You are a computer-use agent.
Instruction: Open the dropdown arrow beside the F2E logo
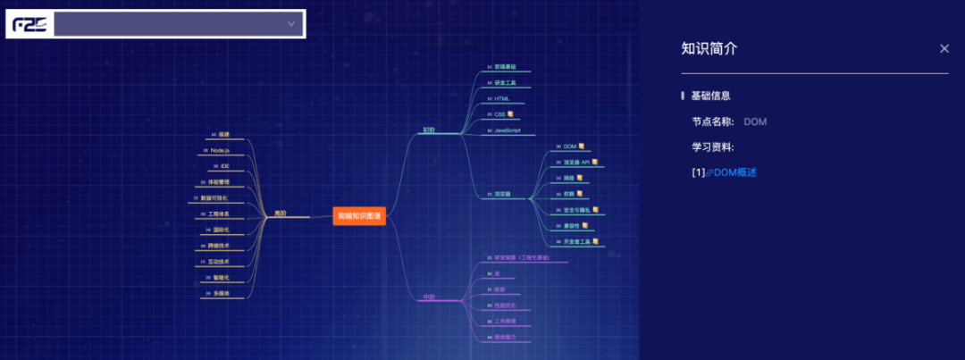click(x=291, y=24)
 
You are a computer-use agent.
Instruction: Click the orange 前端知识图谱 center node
click(x=359, y=215)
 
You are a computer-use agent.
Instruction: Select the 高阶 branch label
click(x=281, y=213)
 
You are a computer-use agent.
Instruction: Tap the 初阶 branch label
click(x=430, y=130)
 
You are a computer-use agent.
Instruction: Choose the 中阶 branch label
click(x=429, y=297)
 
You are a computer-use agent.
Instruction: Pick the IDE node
click(x=224, y=166)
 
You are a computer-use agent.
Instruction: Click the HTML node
click(x=501, y=98)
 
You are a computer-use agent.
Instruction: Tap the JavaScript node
click(x=508, y=130)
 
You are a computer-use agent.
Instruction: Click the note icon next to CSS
click(x=512, y=114)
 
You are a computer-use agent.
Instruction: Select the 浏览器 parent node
click(x=502, y=194)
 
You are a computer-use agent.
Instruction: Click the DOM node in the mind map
click(x=570, y=146)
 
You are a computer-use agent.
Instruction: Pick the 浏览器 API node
click(x=576, y=163)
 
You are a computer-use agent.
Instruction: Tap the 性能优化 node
click(x=506, y=306)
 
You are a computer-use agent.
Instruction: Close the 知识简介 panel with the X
click(x=944, y=49)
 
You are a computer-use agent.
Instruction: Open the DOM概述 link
click(x=734, y=172)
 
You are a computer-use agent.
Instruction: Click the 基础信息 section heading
click(x=711, y=96)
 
